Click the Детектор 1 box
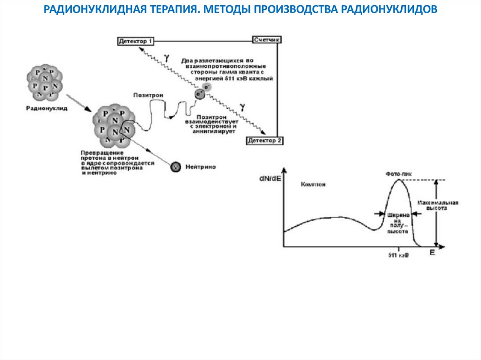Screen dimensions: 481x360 pyautogui.click(x=136, y=41)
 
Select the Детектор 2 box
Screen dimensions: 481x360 pyautogui.click(x=264, y=140)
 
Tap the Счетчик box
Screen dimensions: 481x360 pyautogui.click(x=267, y=40)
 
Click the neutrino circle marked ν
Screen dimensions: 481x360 pyautogui.click(x=175, y=166)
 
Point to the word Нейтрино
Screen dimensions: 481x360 pyautogui.click(x=201, y=167)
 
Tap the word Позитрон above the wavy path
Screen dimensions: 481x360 pyautogui.click(x=148, y=94)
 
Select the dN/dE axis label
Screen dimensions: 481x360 pyautogui.click(x=271, y=179)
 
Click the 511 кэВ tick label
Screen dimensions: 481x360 pyautogui.click(x=398, y=256)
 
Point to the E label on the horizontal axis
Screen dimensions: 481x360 pyautogui.click(x=432, y=253)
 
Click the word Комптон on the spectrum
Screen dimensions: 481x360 pyautogui.click(x=313, y=184)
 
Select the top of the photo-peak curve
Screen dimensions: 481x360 pyautogui.click(x=399, y=180)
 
